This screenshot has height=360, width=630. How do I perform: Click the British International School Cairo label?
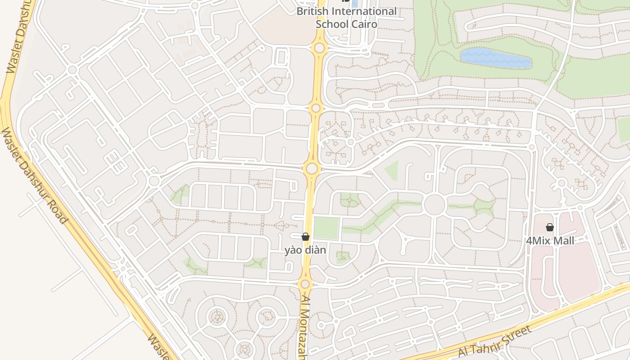[x=346, y=18]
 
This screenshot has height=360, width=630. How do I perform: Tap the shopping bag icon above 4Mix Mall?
[x=549, y=227]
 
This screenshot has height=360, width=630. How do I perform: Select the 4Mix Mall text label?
[x=550, y=241]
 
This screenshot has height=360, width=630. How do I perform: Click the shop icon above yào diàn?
[x=306, y=237]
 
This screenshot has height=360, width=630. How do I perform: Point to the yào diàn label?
[x=305, y=250]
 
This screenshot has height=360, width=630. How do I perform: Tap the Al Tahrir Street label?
[x=495, y=342]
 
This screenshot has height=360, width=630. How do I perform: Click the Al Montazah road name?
[x=304, y=328]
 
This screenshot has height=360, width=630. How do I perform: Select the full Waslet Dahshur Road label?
[x=35, y=176]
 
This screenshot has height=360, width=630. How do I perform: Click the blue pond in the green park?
[x=495, y=58]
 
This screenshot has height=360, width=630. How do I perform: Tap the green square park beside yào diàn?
[x=326, y=228]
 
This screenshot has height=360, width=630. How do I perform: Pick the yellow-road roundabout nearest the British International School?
[x=319, y=48]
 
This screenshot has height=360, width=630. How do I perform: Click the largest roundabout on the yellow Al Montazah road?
[x=311, y=169]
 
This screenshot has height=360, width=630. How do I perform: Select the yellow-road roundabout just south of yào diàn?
[x=305, y=284]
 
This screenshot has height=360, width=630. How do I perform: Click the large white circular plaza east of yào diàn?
[x=434, y=205]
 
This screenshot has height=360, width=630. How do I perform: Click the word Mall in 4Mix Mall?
[x=563, y=241]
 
